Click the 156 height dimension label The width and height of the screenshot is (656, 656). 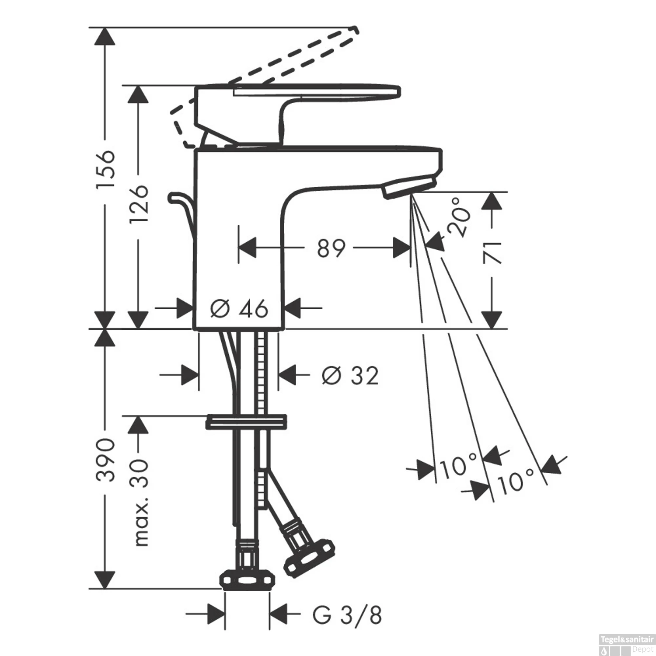click(105, 169)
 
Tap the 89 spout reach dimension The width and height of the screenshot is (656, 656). click(331, 248)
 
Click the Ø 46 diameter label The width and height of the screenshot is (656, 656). click(239, 309)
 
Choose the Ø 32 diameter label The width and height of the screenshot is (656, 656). click(350, 375)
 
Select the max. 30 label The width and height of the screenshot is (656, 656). click(140, 503)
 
